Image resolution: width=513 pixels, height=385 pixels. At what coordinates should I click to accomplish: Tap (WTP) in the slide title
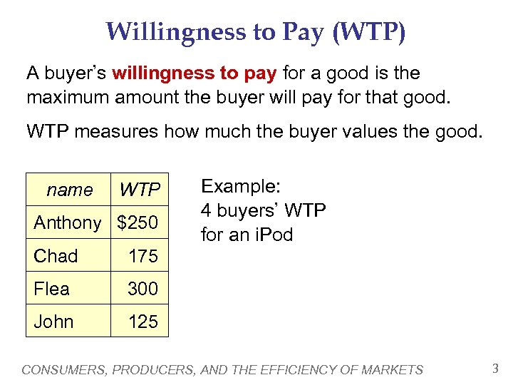click(368, 32)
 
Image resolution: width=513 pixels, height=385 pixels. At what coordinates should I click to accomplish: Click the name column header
click(69, 190)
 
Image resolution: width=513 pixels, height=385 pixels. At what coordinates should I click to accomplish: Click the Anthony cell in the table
click(68, 222)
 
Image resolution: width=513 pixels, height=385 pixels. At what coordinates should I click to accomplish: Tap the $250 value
click(138, 222)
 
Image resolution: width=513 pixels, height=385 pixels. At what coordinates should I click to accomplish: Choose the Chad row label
click(56, 256)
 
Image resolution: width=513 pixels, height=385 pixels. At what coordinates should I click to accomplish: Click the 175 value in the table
click(142, 256)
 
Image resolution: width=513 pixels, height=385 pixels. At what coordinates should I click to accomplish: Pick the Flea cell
click(52, 289)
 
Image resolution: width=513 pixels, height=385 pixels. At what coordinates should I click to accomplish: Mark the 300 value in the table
click(142, 289)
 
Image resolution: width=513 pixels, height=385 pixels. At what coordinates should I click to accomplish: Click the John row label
click(53, 322)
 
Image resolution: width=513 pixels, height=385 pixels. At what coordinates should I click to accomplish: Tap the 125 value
click(142, 322)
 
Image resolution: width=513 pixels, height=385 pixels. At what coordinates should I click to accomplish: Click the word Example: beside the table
click(242, 187)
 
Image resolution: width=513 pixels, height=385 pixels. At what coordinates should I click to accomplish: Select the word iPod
click(274, 234)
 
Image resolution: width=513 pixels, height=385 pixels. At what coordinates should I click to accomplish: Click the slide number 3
click(495, 369)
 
